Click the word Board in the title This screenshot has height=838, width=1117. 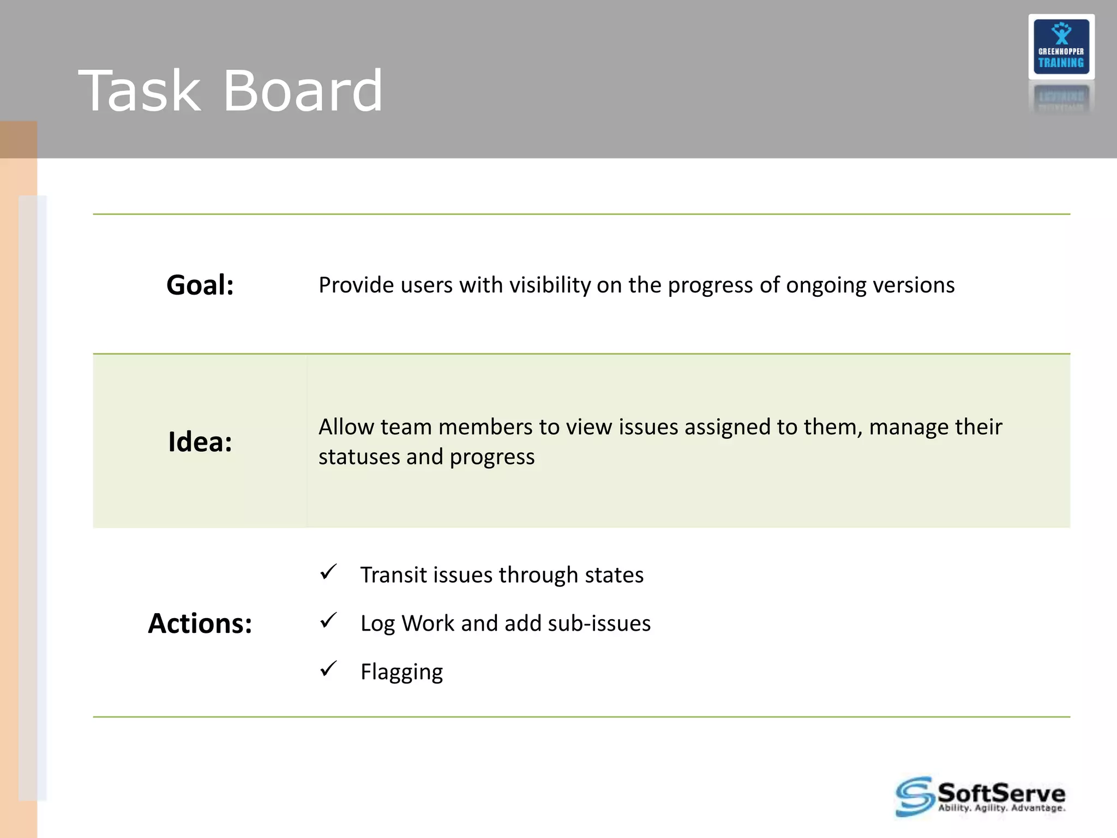pyautogui.click(x=303, y=91)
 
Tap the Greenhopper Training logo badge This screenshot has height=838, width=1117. pyautogui.click(x=1061, y=47)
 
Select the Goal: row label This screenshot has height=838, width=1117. pyautogui.click(x=200, y=285)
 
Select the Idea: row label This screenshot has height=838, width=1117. pyautogui.click(x=200, y=442)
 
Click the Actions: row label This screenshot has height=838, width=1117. pyautogui.click(x=200, y=624)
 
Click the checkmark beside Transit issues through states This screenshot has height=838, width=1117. pyautogui.click(x=328, y=572)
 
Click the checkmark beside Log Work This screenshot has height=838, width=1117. pyautogui.click(x=328, y=620)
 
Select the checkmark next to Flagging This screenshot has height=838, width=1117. pyautogui.click(x=328, y=668)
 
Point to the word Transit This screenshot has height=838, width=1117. pyautogui.click(x=393, y=576)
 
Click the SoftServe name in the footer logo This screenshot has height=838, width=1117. pyautogui.click(x=1001, y=793)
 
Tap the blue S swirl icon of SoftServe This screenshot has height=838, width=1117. pyautogui.click(x=914, y=797)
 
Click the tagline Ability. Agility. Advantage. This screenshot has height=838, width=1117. pyautogui.click(x=1001, y=808)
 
